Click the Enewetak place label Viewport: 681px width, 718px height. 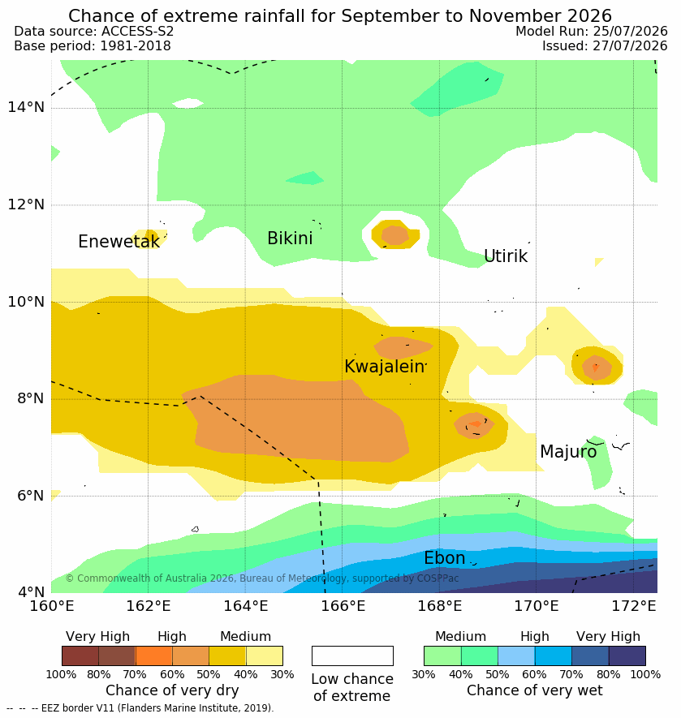pyautogui.click(x=119, y=241)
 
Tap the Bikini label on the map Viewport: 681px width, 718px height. pyautogui.click(x=290, y=238)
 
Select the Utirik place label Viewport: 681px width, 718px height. pyautogui.click(x=506, y=256)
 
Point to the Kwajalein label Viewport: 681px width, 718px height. pyautogui.click(x=384, y=367)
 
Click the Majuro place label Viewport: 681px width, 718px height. pyautogui.click(x=568, y=452)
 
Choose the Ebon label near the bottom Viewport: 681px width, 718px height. pyautogui.click(x=444, y=557)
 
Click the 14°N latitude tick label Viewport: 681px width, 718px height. pyautogui.click(x=26, y=107)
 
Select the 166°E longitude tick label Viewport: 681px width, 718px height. pyautogui.click(x=343, y=606)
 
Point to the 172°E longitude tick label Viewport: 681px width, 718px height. pyautogui.click(x=634, y=606)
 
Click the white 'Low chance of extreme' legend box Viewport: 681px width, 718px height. pyautogui.click(x=352, y=656)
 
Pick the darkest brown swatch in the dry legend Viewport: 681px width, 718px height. pyautogui.click(x=80, y=656)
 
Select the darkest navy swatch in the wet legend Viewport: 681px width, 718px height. pyautogui.click(x=627, y=656)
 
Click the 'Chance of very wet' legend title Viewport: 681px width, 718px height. pyautogui.click(x=534, y=690)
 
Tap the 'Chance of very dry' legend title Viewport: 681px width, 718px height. pyautogui.click(x=172, y=690)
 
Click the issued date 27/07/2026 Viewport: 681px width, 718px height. pyautogui.click(x=630, y=45)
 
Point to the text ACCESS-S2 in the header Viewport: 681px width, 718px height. pyautogui.click(x=137, y=31)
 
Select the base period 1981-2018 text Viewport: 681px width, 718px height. pyautogui.click(x=136, y=45)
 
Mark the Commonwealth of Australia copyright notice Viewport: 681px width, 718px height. pyautogui.click(x=262, y=578)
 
